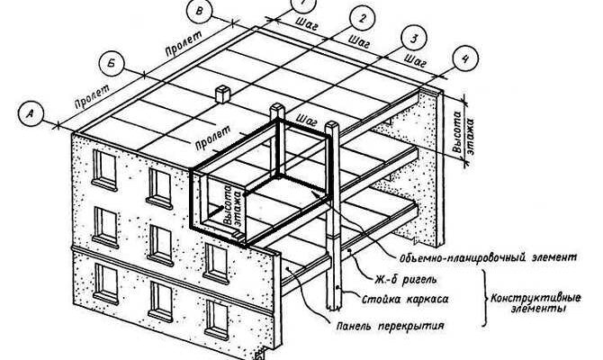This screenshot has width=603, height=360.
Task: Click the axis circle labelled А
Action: coord(31,114)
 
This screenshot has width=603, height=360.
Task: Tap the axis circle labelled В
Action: coord(201,13)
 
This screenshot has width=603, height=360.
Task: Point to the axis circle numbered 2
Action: coord(360,18)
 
